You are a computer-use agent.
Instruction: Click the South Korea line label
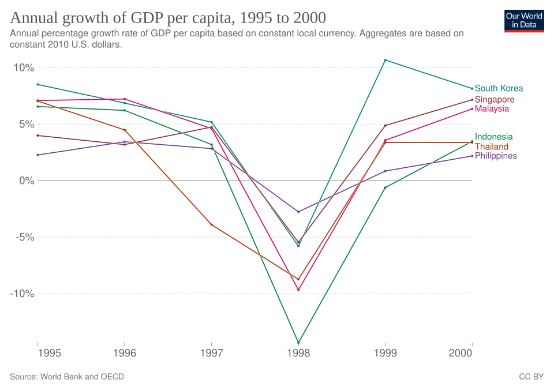point(499,88)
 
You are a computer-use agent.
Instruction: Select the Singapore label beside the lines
point(495,100)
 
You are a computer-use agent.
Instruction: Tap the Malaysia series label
point(492,109)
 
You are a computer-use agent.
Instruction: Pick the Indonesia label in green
point(493,137)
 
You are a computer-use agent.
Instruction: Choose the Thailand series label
point(492,146)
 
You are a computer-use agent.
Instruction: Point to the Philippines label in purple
point(496,156)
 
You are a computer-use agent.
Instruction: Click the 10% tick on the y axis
point(24,68)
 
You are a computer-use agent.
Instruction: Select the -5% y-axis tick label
point(25,238)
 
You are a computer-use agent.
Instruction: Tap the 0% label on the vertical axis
point(27,181)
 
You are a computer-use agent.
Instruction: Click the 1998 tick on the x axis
point(298,353)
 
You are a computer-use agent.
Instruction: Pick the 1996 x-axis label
point(125,353)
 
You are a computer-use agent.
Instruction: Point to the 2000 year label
point(461,353)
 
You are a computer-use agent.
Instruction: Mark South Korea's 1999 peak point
point(385,60)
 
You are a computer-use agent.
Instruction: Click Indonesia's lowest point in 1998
point(298,342)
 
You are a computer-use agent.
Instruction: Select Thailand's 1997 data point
point(212,225)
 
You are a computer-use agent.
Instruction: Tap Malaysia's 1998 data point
point(298,290)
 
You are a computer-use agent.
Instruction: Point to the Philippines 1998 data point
point(298,212)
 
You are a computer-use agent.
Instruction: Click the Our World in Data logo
point(524,21)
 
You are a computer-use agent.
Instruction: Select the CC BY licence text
point(531,377)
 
